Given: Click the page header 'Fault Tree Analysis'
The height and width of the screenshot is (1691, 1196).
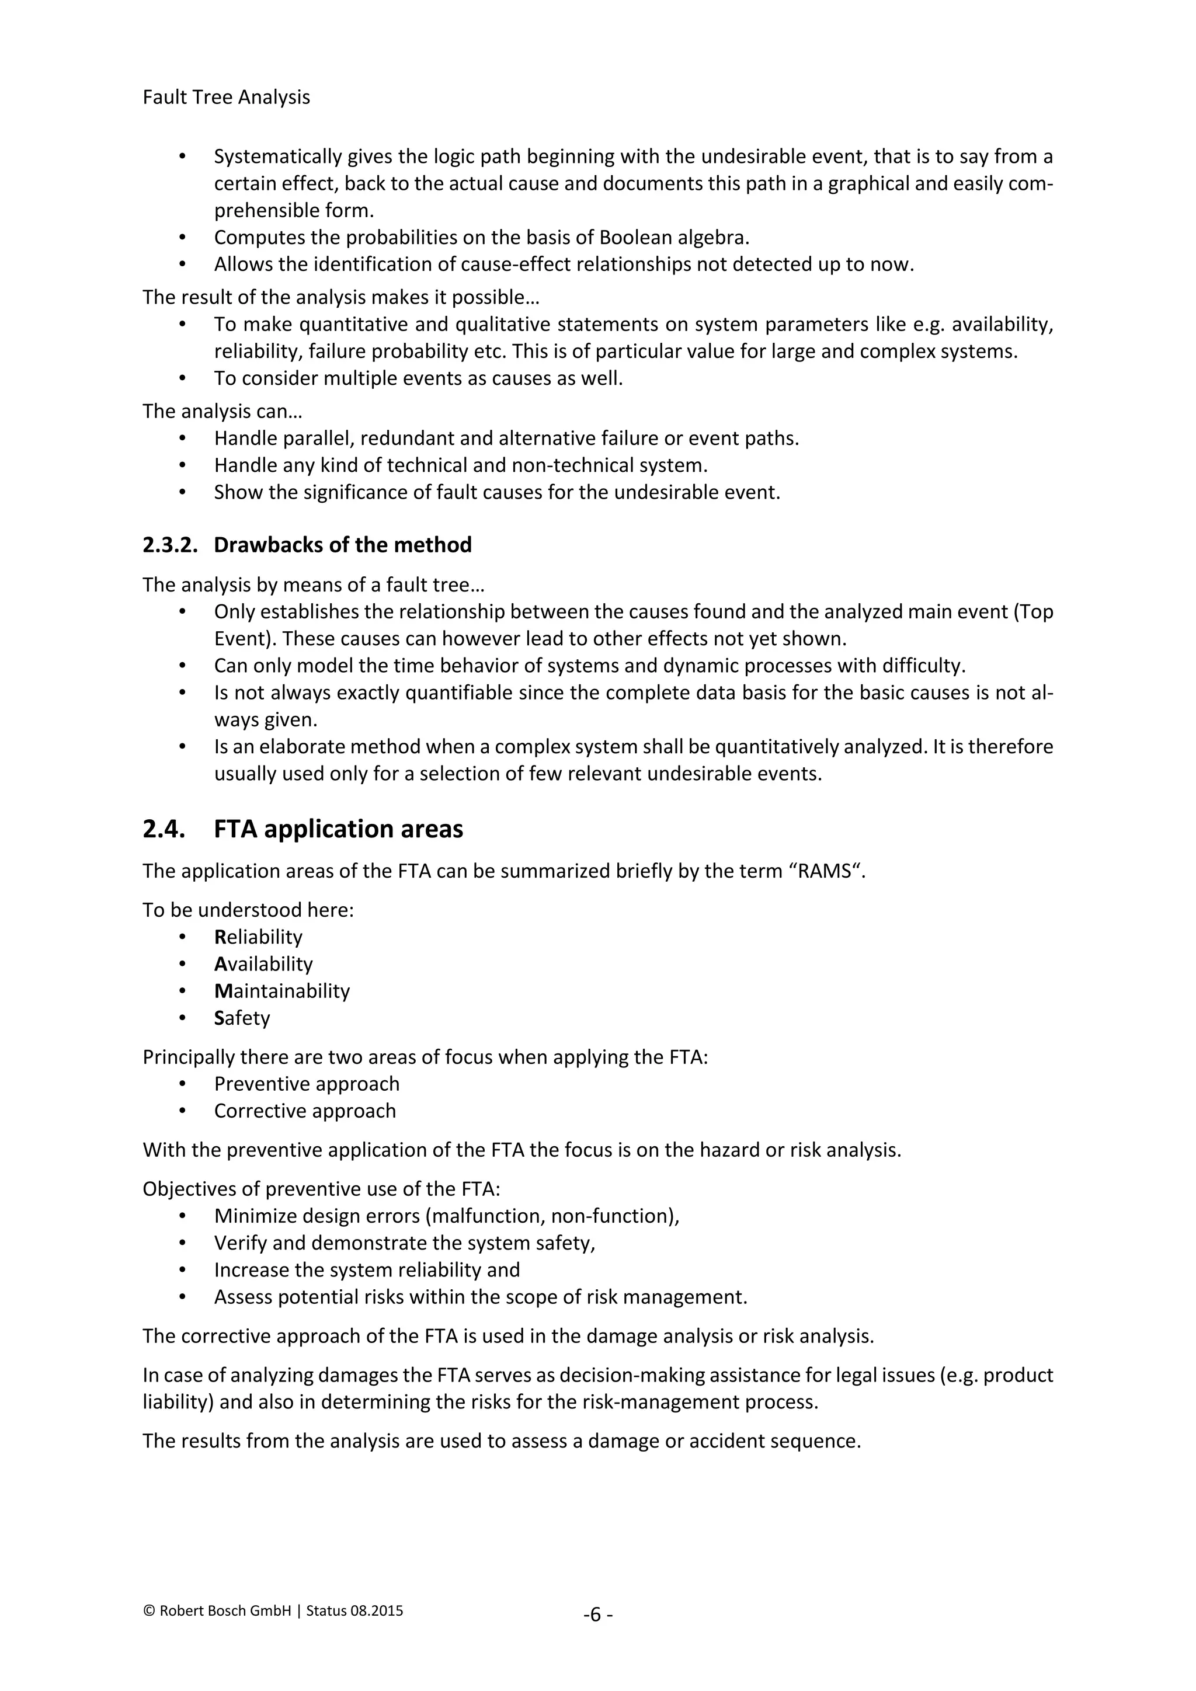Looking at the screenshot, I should click(226, 97).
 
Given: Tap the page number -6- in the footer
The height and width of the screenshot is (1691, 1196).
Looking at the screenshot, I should click(598, 1615).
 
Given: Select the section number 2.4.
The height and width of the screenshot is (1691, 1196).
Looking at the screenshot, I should click(164, 829).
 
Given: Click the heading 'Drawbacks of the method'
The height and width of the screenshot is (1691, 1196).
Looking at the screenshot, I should click(342, 545).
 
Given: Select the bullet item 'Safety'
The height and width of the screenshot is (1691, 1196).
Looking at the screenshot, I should click(242, 1018).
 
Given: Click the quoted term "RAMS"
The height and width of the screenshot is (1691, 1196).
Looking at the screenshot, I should click(825, 871).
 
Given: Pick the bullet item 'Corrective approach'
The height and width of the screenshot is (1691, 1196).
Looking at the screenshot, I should click(305, 1111).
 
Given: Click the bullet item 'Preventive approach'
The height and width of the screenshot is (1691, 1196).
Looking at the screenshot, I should click(307, 1084).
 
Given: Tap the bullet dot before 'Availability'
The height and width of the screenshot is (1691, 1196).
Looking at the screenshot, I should click(183, 964).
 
